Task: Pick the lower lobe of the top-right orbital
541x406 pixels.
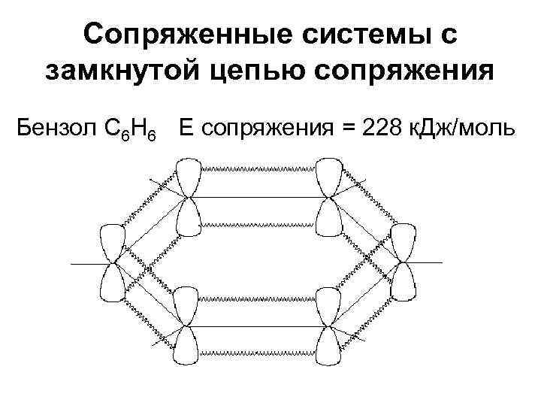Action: tap(328, 220)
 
